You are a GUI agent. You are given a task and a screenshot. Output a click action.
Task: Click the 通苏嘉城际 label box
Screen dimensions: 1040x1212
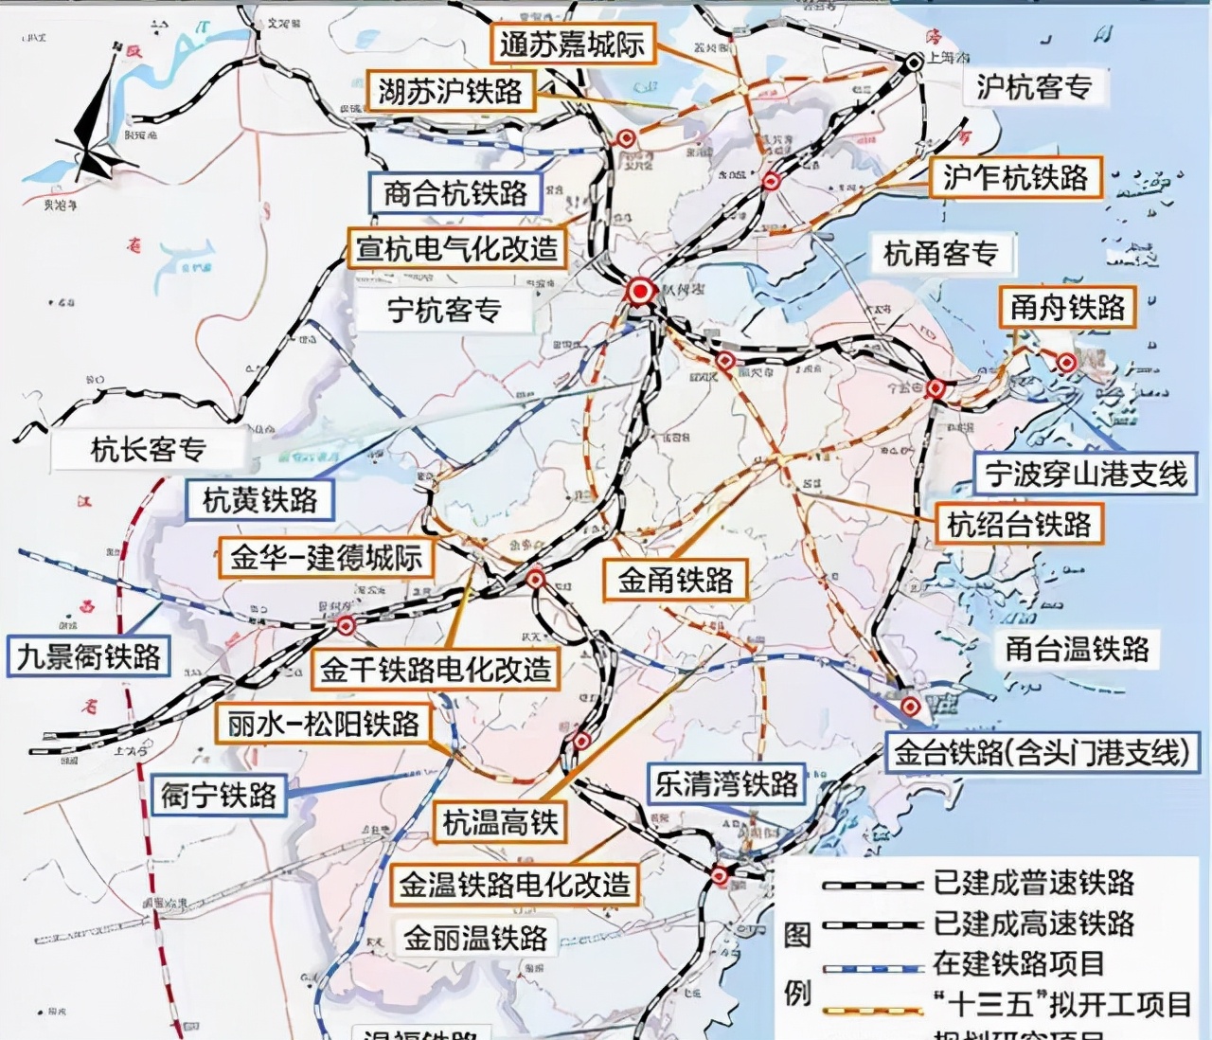coord(571,44)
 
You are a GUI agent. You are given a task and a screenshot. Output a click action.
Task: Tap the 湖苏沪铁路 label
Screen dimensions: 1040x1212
coord(451,92)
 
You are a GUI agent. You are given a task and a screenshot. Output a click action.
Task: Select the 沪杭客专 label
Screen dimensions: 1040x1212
coord(1033,87)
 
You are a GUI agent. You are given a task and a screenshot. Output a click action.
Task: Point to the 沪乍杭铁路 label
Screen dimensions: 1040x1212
coord(1015,177)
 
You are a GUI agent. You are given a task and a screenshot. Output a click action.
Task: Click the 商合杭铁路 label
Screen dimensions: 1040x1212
coord(454,193)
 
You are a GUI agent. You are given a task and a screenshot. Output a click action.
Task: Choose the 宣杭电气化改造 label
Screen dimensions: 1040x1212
coord(456,248)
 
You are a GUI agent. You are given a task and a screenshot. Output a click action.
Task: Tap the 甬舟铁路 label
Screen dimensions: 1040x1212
coord(1066,307)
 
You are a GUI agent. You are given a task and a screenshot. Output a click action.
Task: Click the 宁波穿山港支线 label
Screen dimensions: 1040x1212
coord(1085,474)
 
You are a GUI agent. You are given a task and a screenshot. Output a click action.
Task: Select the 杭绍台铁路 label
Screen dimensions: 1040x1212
coord(1019,524)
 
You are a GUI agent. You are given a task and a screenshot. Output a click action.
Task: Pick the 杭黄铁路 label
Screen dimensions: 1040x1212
coord(259,499)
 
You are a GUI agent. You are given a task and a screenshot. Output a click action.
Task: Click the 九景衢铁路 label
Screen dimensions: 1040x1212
coord(89,656)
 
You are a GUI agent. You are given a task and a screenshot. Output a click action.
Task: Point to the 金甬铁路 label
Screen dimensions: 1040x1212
coord(675,580)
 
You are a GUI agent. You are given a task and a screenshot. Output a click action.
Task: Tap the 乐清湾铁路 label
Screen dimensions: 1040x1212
coord(726,783)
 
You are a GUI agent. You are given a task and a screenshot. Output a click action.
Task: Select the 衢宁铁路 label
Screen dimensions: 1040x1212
coord(219,794)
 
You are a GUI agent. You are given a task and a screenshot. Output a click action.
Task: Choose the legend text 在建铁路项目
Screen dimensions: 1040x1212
coord(1018,963)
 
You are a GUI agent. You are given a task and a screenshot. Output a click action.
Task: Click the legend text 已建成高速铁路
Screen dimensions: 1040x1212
coord(1033,923)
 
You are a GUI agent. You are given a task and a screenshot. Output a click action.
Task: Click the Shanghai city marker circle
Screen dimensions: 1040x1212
coord(913,63)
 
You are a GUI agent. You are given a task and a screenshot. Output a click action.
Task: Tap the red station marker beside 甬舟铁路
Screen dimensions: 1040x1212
coord(1066,362)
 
